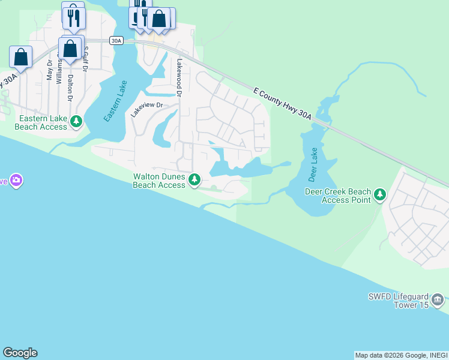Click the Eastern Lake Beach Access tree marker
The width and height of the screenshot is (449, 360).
click(x=76, y=122)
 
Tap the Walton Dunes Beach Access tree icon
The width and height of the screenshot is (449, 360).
click(x=194, y=179)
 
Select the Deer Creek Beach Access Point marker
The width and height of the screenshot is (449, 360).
click(x=379, y=194)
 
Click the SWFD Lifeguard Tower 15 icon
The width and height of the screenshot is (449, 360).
click(x=438, y=299)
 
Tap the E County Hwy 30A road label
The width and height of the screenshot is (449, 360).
click(x=282, y=103)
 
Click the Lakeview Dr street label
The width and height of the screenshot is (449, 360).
click(x=147, y=105)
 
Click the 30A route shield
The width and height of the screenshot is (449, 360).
click(x=116, y=41)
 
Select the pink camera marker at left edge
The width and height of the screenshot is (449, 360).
click(x=16, y=180)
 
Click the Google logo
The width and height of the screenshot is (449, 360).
click(x=20, y=353)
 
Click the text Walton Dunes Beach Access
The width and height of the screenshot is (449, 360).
click(x=159, y=181)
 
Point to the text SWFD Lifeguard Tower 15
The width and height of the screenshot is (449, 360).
click(x=399, y=301)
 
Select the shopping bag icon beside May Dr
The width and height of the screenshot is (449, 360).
click(x=20, y=58)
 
